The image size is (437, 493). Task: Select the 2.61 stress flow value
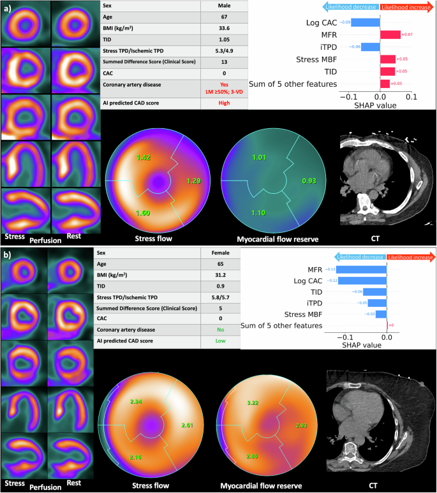(x=188, y=425)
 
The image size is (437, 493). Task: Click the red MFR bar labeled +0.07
(x=390, y=35)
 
